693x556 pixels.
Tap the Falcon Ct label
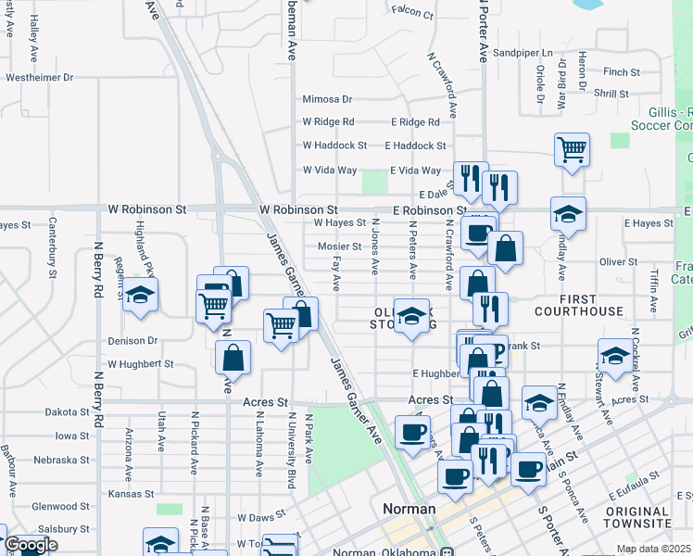[x=412, y=13]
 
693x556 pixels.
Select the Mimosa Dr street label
[x=327, y=99]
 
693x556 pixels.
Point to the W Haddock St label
[x=334, y=145]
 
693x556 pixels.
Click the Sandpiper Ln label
[x=523, y=54]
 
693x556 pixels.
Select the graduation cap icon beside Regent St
[x=141, y=295]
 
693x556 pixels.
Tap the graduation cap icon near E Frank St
[x=614, y=355]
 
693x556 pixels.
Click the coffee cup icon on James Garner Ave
[x=412, y=431]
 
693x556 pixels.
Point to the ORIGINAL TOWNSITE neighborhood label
[x=649, y=518]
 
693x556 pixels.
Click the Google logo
[x=30, y=546]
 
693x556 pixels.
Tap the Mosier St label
[x=339, y=246]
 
